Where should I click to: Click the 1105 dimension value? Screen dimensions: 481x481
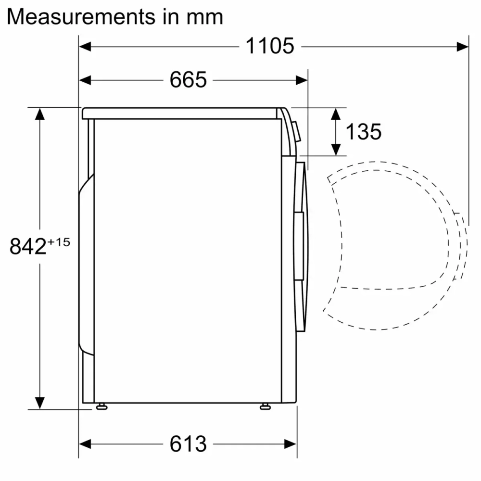[x=269, y=46]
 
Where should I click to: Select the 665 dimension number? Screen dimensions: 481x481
[x=188, y=80]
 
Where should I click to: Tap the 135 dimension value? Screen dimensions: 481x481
[x=363, y=131]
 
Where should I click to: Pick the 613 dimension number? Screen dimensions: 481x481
[x=188, y=443]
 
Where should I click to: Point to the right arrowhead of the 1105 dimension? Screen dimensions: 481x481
[x=463, y=46]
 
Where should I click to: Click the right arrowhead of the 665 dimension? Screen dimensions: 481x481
[x=302, y=80]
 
